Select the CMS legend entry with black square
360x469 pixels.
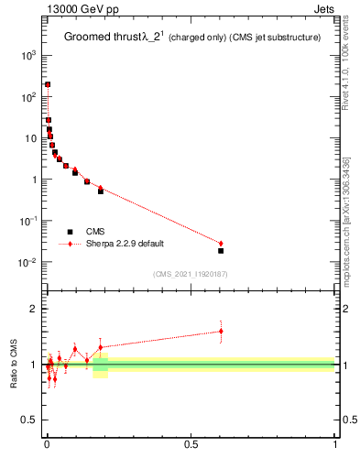click(93, 232)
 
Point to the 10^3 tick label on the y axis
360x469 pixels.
click(27, 56)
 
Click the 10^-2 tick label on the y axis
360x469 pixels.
click(27, 263)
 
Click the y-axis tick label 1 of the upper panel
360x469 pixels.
click(33, 180)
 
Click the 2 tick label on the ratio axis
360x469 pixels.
click(34, 310)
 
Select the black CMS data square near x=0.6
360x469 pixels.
click(221, 250)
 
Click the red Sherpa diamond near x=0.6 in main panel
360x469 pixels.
click(221, 244)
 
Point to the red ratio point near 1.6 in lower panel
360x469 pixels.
click(221, 332)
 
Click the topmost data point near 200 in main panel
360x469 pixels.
click(48, 84)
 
